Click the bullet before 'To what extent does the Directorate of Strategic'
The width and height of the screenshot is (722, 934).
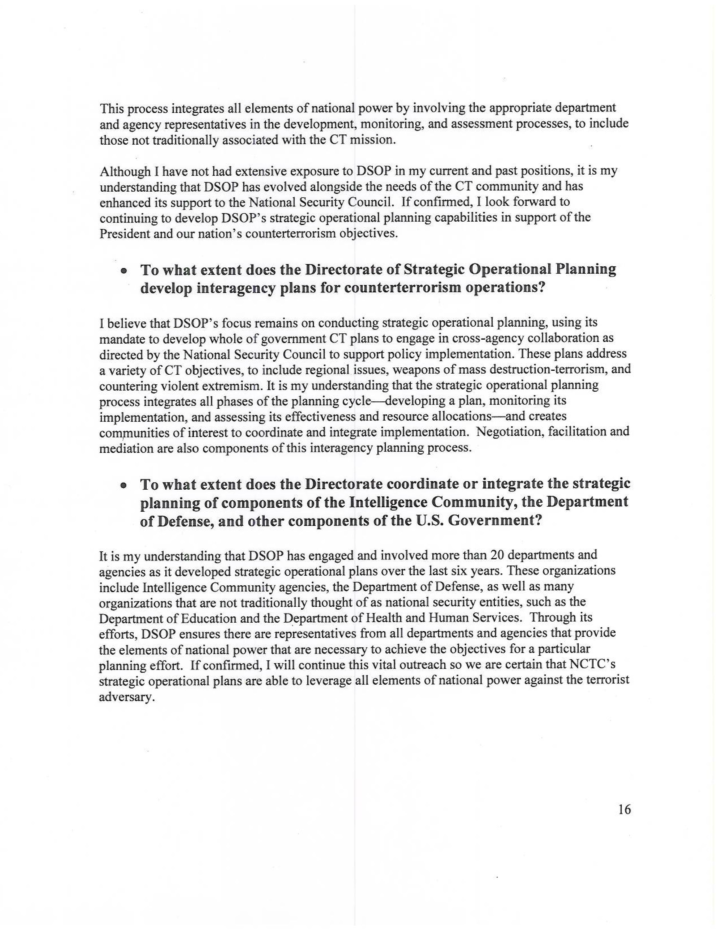[124, 271]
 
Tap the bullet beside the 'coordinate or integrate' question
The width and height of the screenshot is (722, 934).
[124, 486]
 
